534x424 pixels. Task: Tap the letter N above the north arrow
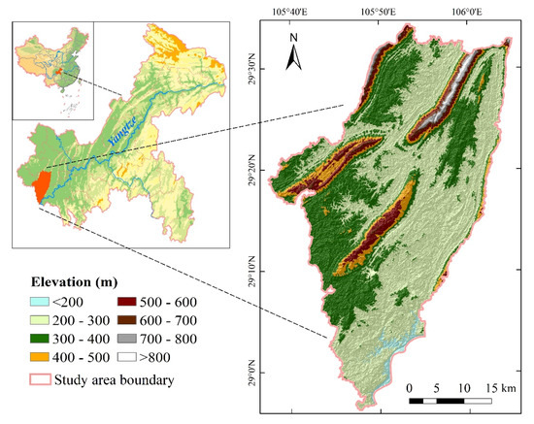click(x=295, y=38)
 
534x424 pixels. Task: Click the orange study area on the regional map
click(x=41, y=186)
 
